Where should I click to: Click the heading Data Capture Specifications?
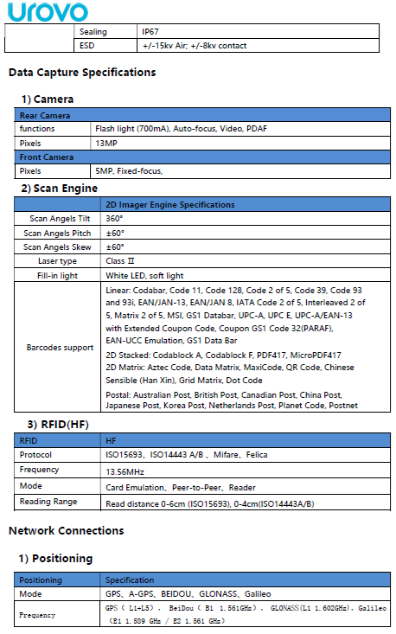click(82, 73)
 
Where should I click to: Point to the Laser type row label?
click(57, 260)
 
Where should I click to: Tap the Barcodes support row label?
click(60, 348)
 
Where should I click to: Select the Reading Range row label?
click(48, 502)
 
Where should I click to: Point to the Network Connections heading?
click(66, 530)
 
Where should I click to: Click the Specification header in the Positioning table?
click(130, 580)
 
